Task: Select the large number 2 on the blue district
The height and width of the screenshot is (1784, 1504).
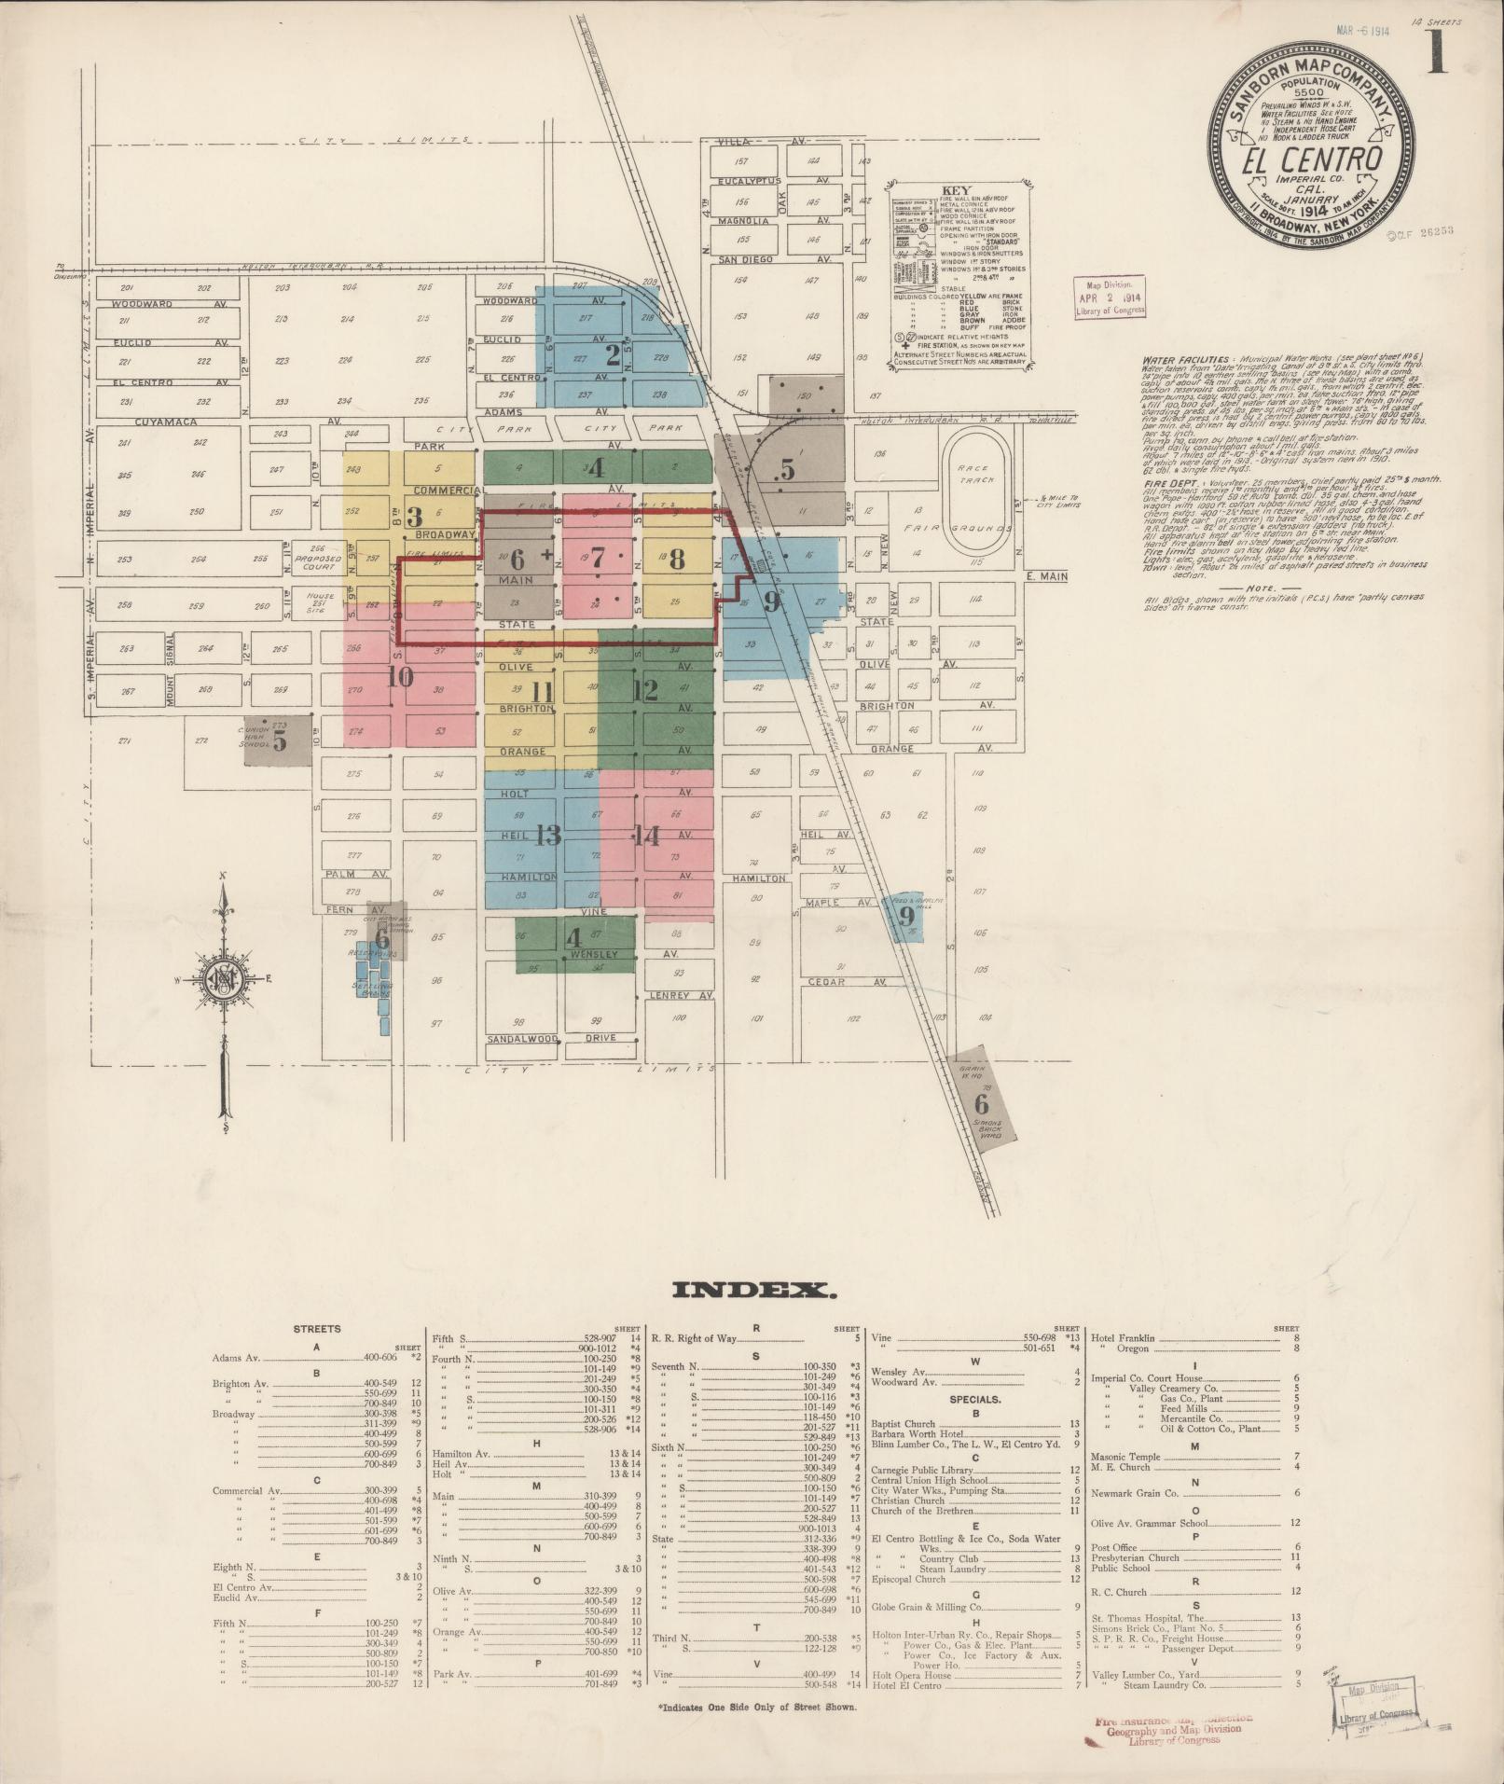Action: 613,354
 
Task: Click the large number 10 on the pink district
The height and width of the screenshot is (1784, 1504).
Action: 400,677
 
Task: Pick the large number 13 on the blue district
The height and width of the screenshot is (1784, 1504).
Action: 548,835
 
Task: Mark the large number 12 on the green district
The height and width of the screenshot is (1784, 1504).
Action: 644,690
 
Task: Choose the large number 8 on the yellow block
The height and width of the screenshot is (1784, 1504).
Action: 677,560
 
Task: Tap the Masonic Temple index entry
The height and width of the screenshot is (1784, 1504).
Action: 1127,1457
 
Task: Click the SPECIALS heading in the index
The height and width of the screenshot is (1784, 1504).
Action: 976,1400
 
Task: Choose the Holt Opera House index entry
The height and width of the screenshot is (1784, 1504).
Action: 911,1675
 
